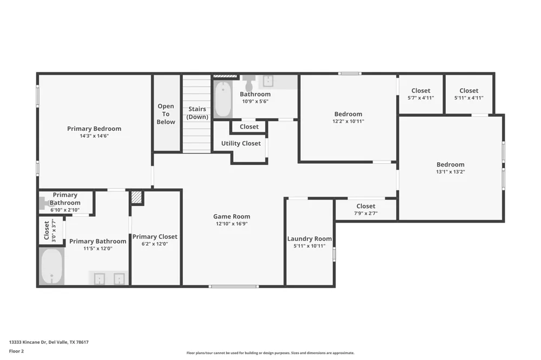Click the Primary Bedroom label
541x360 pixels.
tap(94, 129)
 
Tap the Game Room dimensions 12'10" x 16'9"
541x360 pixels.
tap(232, 224)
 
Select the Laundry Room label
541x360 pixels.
tap(309, 238)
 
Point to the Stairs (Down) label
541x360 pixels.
tap(197, 113)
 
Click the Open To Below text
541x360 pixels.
tap(166, 114)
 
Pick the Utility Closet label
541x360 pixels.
tap(241, 143)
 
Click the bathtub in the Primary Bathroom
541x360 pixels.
tap(52, 266)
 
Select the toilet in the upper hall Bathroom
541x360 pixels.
tap(249, 82)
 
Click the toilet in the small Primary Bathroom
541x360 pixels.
tap(45, 203)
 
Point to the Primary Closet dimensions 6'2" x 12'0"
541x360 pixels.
tap(155, 244)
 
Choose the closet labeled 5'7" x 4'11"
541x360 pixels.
tap(421, 94)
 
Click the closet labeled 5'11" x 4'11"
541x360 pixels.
tap(469, 94)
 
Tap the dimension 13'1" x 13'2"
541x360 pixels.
tap(451, 172)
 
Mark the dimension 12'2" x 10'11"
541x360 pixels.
tap(348, 122)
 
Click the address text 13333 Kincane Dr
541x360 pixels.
tap(28, 342)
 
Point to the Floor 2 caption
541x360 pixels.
tap(16, 351)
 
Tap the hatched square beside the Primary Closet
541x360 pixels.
tap(137, 198)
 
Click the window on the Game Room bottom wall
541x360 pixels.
tap(234, 286)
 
